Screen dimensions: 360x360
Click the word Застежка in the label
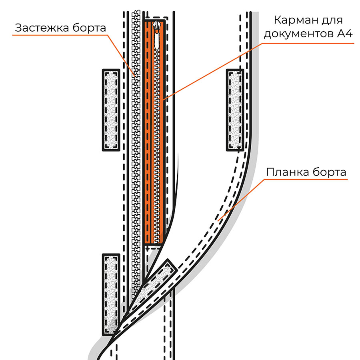[42, 28]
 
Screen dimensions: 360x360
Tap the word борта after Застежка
[90, 27]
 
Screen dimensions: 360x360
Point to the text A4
[345, 34]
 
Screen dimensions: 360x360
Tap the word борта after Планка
[329, 172]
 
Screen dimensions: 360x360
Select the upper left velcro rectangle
[111, 110]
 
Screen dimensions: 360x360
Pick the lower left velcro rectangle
[111, 295]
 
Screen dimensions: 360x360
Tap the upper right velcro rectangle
[235, 110]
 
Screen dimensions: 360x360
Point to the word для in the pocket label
[332, 21]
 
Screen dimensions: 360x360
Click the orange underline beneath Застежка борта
[60, 35]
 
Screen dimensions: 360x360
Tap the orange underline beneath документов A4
[308, 43]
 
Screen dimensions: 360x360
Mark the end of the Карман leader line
[164, 100]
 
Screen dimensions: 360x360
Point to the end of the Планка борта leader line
[218, 221]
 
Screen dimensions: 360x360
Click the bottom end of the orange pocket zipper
[156, 243]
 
